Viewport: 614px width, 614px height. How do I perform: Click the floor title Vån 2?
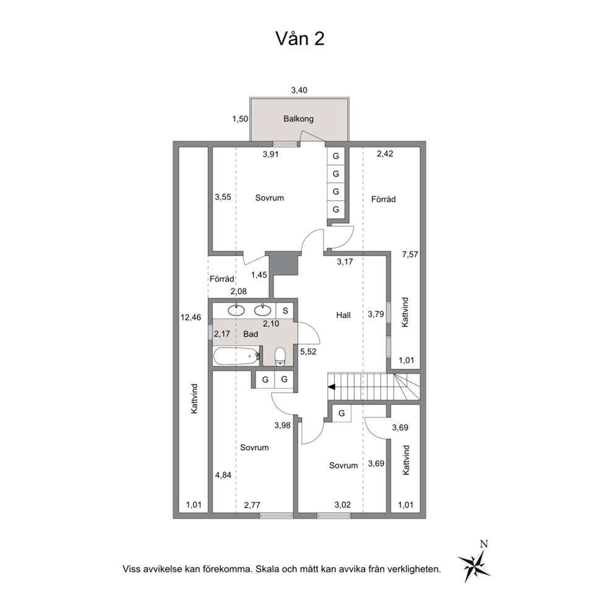(300, 38)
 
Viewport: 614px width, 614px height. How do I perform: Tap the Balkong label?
(298, 119)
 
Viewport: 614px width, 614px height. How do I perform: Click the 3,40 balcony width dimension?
(299, 90)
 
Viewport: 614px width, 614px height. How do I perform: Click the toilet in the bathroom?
(280, 357)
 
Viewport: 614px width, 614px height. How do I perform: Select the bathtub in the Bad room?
(237, 356)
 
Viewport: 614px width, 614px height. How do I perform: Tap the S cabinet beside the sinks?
(285, 311)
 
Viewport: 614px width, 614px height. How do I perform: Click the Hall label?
(343, 315)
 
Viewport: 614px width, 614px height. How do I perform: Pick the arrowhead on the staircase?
(331, 387)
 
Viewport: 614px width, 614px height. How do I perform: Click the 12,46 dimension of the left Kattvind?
(191, 317)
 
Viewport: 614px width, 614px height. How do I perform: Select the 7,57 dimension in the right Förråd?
(410, 254)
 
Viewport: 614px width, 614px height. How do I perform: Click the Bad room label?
(251, 334)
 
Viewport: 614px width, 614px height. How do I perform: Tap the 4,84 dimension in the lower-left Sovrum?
(223, 475)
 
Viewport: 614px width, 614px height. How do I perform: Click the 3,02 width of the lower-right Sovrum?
(342, 504)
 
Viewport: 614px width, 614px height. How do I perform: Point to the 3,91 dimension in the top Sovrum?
(270, 154)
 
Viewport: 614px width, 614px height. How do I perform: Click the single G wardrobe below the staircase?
(342, 413)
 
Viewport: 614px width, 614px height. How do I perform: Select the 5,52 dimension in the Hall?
(308, 352)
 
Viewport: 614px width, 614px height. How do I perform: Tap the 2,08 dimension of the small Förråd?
(238, 292)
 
